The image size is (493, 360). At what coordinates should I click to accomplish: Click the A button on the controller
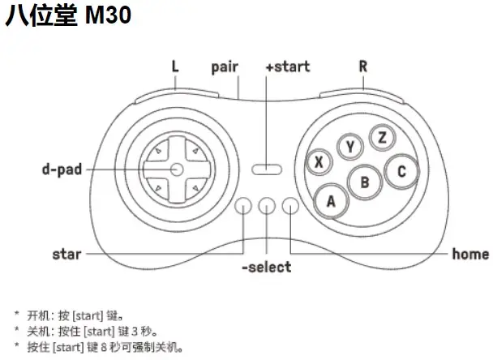[331, 201]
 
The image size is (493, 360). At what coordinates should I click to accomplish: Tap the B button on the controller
[365, 182]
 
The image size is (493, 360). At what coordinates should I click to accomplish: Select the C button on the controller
[401, 171]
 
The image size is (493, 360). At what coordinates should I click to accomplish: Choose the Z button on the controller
[382, 137]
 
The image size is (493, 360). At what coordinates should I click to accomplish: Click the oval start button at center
[266, 169]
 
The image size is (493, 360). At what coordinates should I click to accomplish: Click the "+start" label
[287, 66]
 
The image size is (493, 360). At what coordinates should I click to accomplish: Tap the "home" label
[470, 255]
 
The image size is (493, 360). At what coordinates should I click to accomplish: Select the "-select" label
[266, 267]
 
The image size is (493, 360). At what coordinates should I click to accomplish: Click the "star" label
[66, 255]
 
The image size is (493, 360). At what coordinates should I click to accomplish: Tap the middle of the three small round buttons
[267, 207]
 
